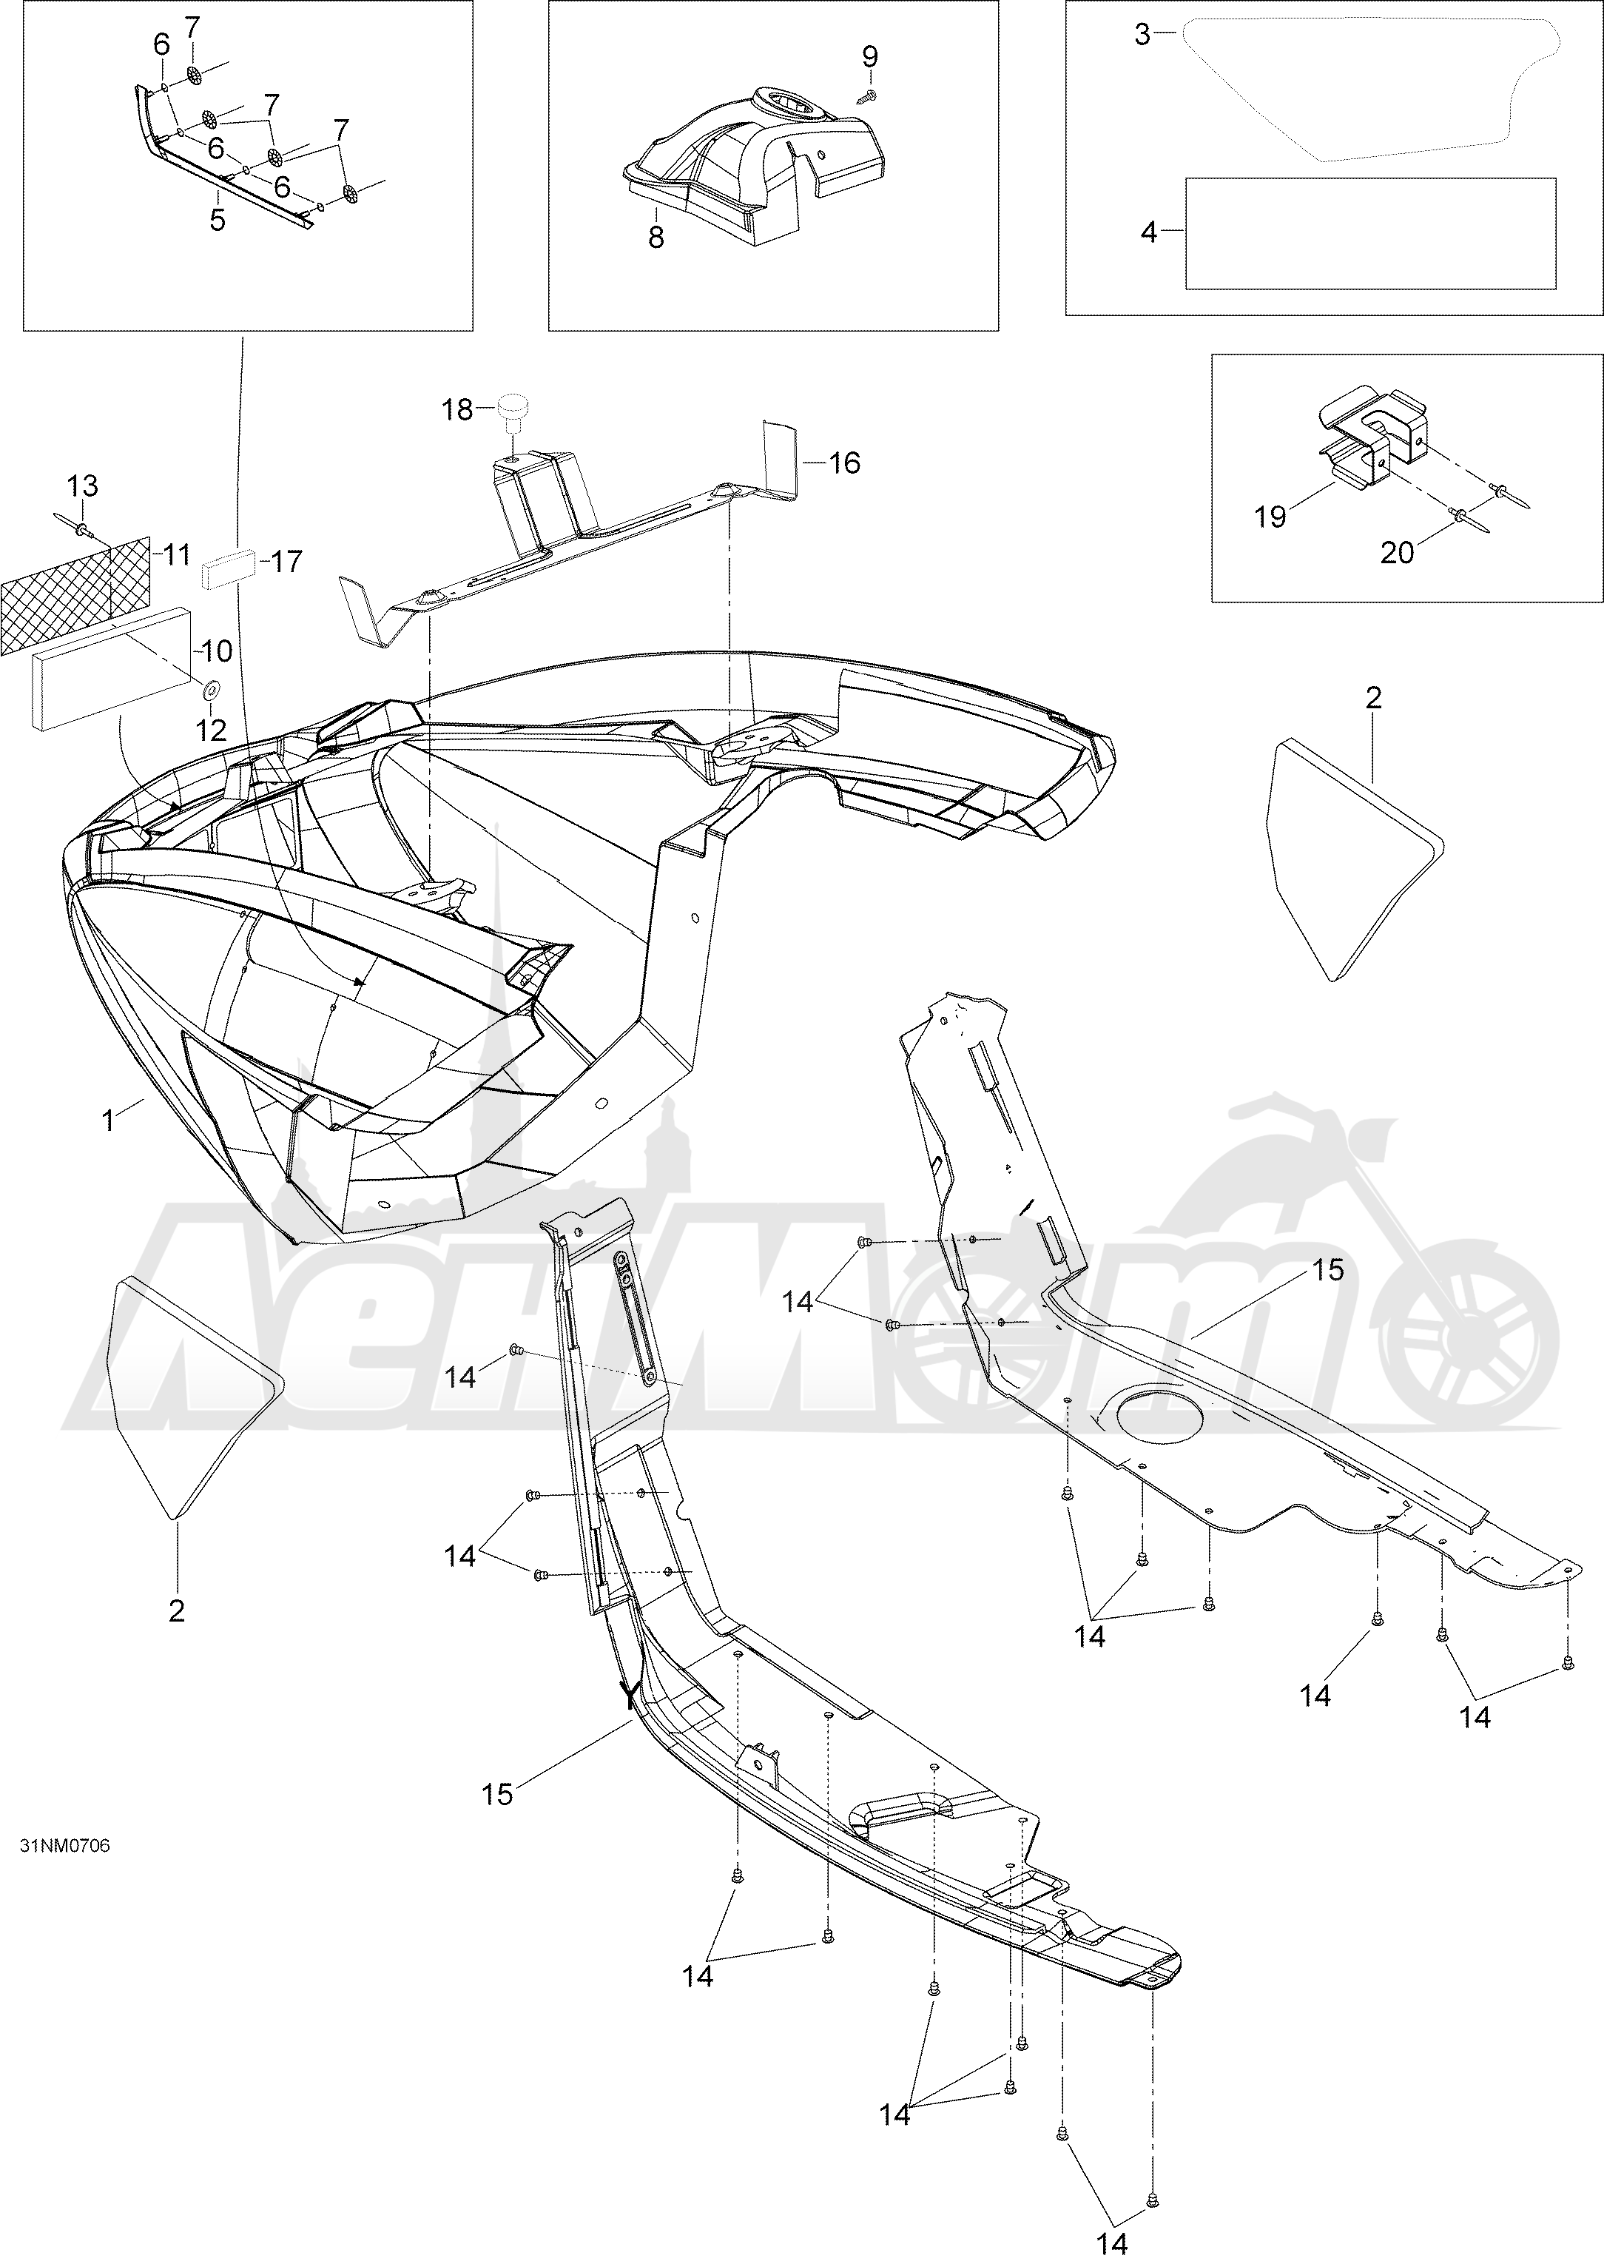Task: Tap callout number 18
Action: pyautogui.click(x=457, y=409)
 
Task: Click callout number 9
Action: pyautogui.click(x=869, y=56)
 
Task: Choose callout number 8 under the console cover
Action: pyautogui.click(x=656, y=237)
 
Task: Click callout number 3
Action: pyautogui.click(x=1143, y=35)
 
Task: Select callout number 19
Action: pyautogui.click(x=1270, y=517)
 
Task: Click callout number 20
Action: pyautogui.click(x=1398, y=553)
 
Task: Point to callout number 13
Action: pyautogui.click(x=83, y=486)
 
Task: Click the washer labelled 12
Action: pyautogui.click(x=212, y=688)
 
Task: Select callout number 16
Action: pyautogui.click(x=844, y=463)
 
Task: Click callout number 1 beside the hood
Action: pyautogui.click(x=109, y=1120)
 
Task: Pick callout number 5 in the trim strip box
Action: pyautogui.click(x=218, y=219)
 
